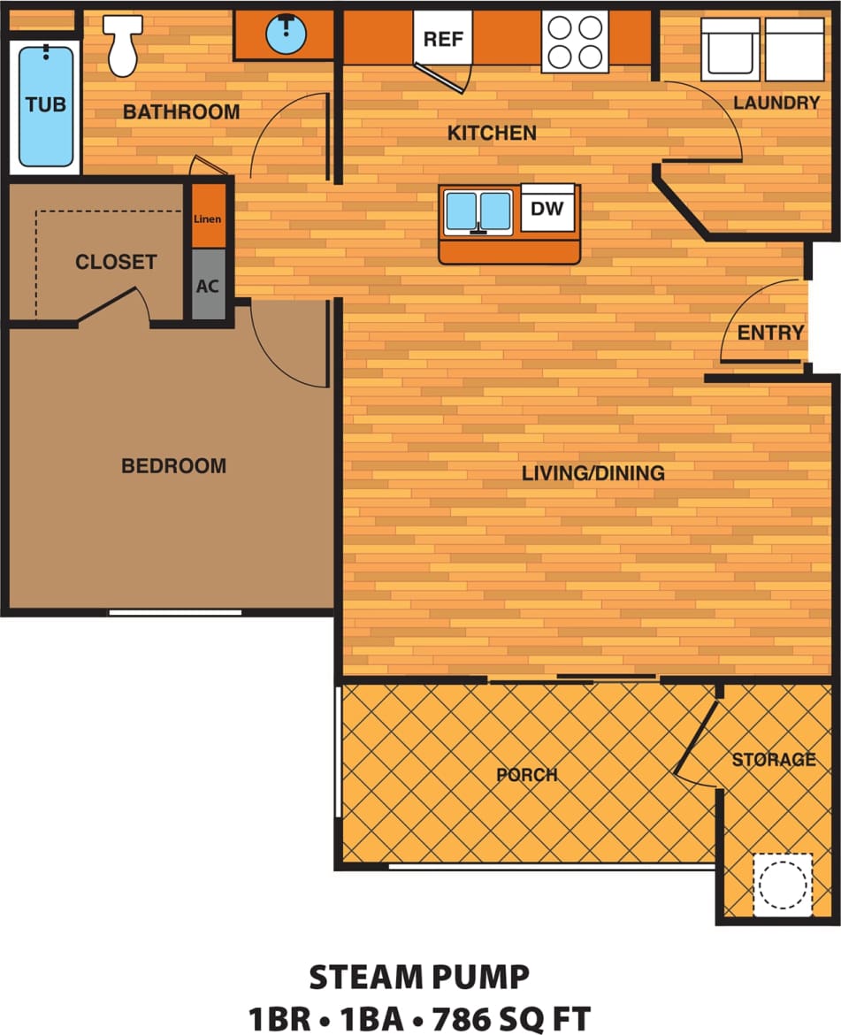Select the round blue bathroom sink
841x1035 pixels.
285,34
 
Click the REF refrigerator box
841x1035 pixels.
442,38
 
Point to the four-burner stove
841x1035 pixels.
574,42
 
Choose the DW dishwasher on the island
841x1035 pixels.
547,209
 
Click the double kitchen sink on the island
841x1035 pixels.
478,211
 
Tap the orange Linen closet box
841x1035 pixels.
209,218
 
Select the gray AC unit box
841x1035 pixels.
209,287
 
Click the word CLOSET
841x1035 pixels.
116,262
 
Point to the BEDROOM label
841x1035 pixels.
173,465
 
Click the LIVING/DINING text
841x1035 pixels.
593,473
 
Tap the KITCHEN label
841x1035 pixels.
492,134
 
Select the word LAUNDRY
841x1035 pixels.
776,103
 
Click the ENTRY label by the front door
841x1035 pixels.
770,333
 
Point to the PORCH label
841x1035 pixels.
527,775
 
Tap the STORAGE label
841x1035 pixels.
773,759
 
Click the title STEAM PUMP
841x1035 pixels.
419,977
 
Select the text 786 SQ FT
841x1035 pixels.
510,1017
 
